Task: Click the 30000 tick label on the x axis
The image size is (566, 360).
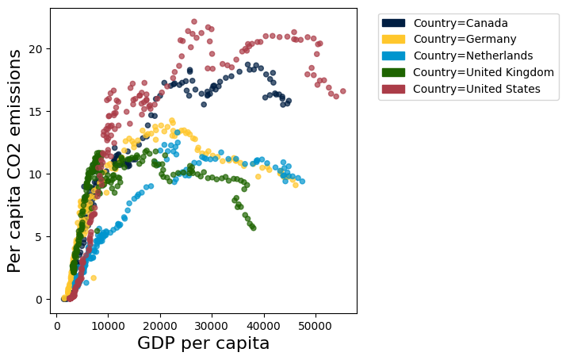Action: (x=212, y=325)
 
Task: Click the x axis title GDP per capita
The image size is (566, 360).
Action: (x=203, y=343)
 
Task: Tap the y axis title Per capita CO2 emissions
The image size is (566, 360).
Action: (x=15, y=161)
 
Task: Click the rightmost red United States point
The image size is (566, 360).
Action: (x=342, y=91)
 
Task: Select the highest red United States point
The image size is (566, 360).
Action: (x=194, y=22)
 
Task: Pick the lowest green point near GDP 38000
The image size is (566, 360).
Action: (x=253, y=228)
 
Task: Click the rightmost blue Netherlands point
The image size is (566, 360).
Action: (x=302, y=182)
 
